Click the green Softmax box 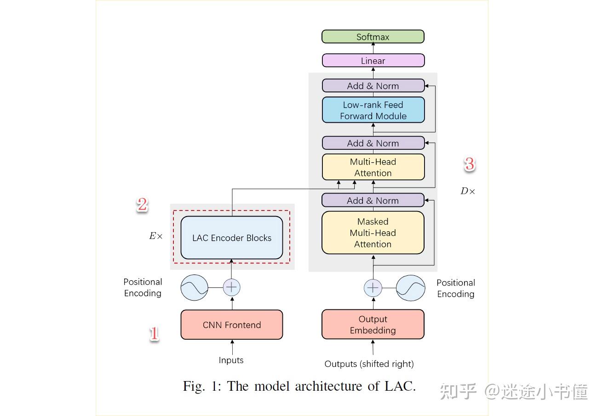click(373, 37)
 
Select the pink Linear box click(373, 61)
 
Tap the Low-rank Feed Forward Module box click(373, 110)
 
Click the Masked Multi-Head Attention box click(373, 233)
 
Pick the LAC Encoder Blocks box click(231, 238)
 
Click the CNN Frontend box click(231, 325)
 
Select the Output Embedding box click(373, 325)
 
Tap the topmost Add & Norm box click(373, 85)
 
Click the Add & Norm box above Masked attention click(373, 200)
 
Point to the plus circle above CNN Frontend click(231, 287)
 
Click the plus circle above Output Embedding click(373, 288)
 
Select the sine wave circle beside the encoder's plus click(194, 288)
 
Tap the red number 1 click(154, 334)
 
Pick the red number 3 click(469, 164)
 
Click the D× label click(467, 191)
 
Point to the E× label click(155, 236)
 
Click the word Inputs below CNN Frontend click(231, 360)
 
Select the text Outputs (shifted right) click(369, 364)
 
